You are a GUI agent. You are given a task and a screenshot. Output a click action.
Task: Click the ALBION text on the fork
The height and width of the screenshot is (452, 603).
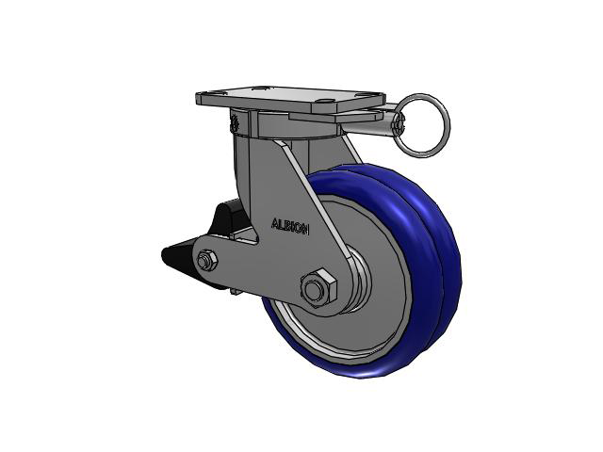click(x=290, y=226)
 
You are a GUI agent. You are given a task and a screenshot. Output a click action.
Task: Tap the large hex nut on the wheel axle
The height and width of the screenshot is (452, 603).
click(x=318, y=289)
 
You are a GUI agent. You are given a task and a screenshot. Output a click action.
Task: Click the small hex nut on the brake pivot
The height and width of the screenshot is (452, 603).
click(x=207, y=261)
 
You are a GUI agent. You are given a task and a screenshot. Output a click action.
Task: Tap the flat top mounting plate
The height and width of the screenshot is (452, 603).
click(x=290, y=98)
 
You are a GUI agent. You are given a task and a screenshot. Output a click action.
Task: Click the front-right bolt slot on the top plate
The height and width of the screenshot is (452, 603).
click(x=324, y=103)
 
